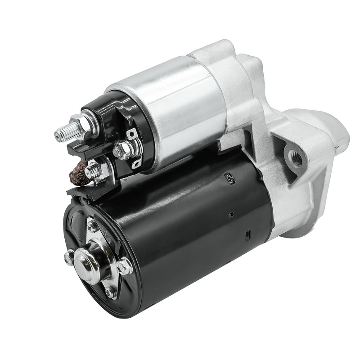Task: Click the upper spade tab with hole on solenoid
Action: click(132, 134)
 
